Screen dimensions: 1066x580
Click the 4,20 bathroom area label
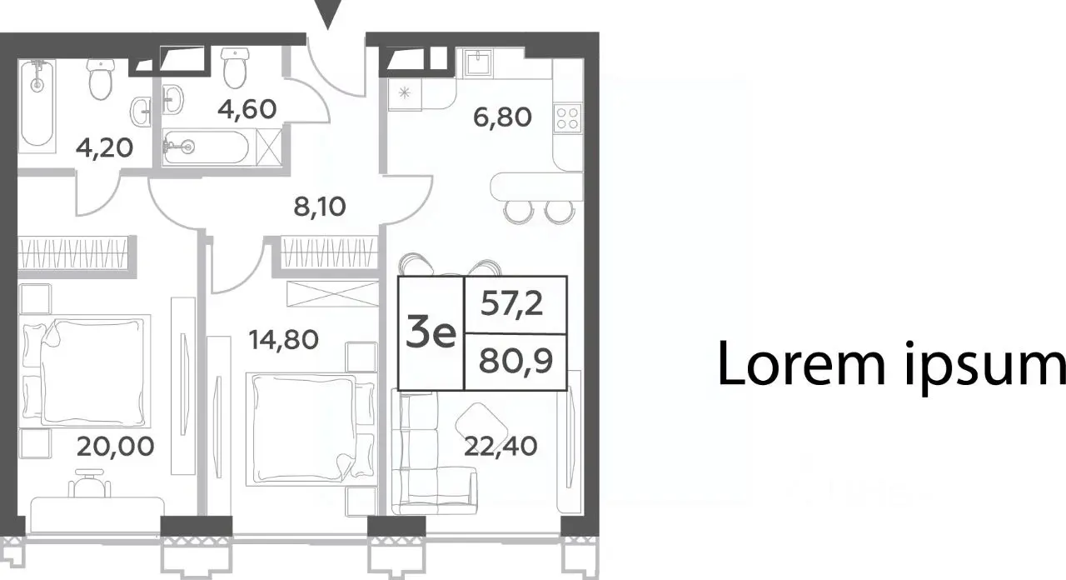tap(104, 148)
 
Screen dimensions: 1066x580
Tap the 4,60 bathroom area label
tap(247, 108)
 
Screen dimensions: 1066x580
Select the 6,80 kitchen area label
tap(502, 117)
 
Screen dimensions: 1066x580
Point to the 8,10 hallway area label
tap(319, 207)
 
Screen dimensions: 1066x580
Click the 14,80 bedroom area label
tap(284, 340)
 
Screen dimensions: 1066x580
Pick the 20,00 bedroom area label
tap(115, 447)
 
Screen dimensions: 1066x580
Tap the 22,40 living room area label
tap(501, 447)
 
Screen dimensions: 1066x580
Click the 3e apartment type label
tap(431, 333)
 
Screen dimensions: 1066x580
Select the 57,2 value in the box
tap(511, 303)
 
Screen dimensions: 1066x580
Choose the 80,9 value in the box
tap(516, 361)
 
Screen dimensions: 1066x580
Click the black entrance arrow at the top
tap(328, 14)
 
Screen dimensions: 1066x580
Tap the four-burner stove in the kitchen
tap(568, 118)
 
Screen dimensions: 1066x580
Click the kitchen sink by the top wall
tap(478, 62)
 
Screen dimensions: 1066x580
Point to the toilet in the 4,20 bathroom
tap(100, 79)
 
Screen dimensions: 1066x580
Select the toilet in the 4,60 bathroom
tap(235, 67)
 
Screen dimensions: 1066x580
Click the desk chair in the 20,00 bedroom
tap(89, 482)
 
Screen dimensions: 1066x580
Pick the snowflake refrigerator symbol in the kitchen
tap(405, 92)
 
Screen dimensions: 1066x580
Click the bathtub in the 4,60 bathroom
tap(206, 147)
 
